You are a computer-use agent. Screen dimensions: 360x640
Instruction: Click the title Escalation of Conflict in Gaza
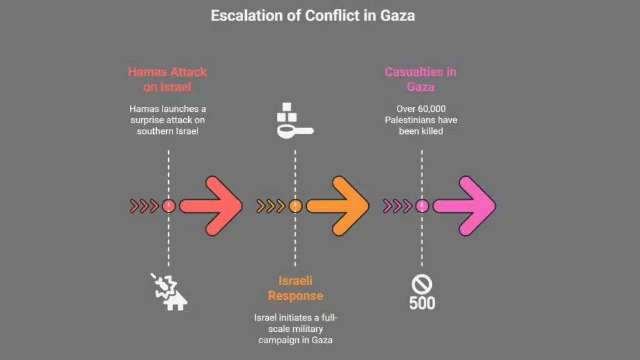[312, 16]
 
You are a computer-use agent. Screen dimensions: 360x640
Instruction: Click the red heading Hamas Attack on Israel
[167, 79]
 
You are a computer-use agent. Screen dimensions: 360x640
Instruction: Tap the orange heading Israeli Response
[295, 289]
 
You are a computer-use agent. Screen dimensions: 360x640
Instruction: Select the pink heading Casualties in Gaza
[421, 79]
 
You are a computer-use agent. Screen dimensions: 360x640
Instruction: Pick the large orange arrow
[338, 206]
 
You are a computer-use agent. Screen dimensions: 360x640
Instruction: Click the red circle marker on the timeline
[168, 206]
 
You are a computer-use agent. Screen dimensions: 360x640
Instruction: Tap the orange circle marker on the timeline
[295, 206]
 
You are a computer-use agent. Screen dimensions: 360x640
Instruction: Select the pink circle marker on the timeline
[422, 206]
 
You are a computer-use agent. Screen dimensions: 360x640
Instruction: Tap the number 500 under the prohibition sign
[422, 304]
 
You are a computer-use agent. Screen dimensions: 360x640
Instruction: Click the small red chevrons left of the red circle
[144, 206]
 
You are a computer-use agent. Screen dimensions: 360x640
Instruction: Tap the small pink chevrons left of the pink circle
[397, 206]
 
